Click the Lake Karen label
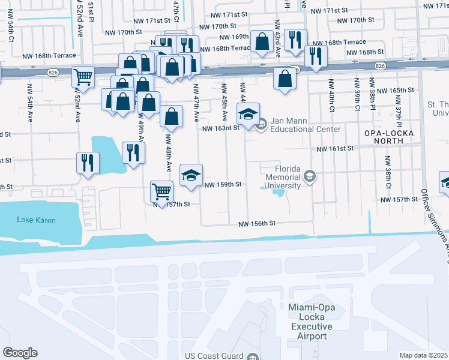37,220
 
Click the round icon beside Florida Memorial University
309,176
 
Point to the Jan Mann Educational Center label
305,125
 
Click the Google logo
20,353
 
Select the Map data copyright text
424,355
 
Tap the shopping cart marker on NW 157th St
161,191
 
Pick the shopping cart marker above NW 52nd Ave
83,76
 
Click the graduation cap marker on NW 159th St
191,175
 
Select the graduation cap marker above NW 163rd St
248,113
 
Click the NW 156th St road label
256,223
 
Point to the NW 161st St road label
334,149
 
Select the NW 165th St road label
397,90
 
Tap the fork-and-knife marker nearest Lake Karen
88,162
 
